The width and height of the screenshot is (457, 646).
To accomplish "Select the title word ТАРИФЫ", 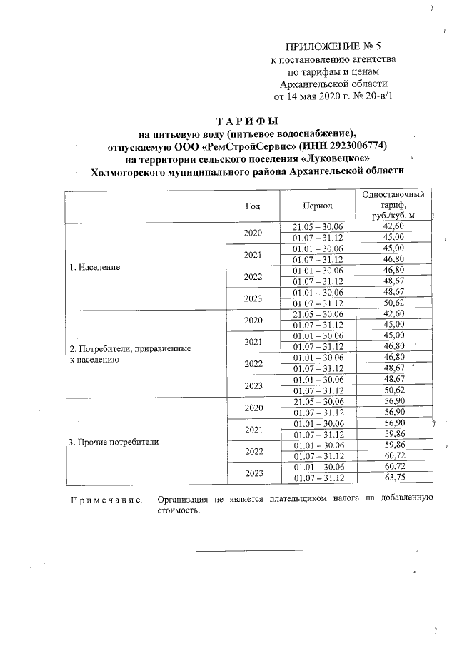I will [246, 121].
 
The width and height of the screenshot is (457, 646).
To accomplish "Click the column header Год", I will [253, 206].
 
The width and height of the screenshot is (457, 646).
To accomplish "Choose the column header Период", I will [318, 206].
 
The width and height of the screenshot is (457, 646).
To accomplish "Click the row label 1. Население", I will [94, 268].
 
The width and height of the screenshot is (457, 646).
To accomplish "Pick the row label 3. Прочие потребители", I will [114, 443].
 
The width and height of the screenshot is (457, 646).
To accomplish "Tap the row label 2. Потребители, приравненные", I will [129, 349].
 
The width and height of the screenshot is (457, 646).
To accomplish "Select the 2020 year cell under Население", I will [253, 233].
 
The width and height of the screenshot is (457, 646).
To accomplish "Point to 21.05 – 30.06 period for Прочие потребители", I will [318, 403].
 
